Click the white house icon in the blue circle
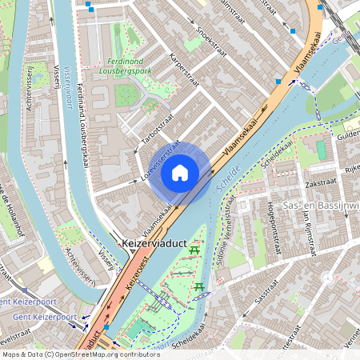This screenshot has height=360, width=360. (180, 172)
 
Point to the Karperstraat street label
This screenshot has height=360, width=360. (185, 71)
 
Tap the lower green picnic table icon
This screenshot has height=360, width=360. (199, 286)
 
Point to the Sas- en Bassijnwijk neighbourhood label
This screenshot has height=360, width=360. (320, 206)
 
